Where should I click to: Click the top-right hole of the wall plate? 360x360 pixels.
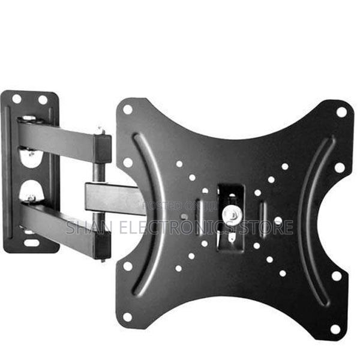coord(43,100)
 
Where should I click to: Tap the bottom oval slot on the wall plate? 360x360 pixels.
coord(29,243)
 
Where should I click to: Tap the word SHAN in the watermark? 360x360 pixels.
coord(85,227)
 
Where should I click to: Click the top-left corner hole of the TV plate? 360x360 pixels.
coord(128,109)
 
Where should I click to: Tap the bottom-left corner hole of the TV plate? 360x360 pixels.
coord(127,316)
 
